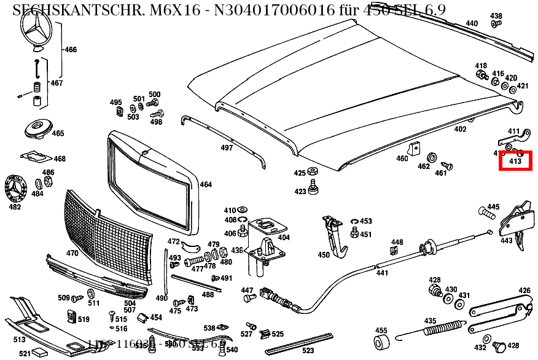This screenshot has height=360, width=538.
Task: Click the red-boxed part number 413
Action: click(x=515, y=162)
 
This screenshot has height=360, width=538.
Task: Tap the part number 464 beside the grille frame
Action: click(x=206, y=184)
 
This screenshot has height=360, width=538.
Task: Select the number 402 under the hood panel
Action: click(x=460, y=129)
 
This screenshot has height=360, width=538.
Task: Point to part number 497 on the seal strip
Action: click(x=227, y=148)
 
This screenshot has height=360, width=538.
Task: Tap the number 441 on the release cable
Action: click(x=382, y=273)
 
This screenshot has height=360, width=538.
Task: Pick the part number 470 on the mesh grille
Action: click(x=72, y=252)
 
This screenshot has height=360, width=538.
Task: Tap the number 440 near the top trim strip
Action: click(x=471, y=23)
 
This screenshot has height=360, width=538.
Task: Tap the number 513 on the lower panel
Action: click(x=19, y=339)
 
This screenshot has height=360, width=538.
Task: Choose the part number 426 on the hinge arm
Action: click(x=524, y=291)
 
